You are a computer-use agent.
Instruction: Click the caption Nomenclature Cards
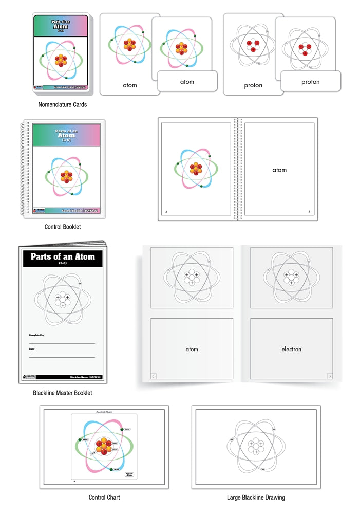[63, 104]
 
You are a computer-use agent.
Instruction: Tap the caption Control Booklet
[63, 226]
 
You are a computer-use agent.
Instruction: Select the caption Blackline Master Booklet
[63, 393]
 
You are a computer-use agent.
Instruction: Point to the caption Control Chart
[104, 497]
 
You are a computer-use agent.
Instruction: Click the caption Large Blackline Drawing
[256, 497]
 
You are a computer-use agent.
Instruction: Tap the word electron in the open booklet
[291, 350]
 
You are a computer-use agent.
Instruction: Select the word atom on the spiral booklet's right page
[279, 170]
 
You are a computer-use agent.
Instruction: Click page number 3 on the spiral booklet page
[309, 212]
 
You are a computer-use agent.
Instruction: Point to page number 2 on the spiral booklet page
[166, 212]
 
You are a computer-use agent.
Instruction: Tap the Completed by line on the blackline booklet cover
[62, 343]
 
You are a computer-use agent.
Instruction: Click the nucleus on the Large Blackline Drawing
[256, 447]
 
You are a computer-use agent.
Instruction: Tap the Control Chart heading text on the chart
[104, 412]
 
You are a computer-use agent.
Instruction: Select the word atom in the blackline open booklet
[192, 350]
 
